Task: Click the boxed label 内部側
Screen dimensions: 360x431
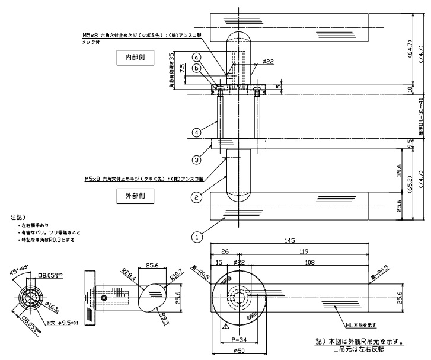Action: tap(131, 58)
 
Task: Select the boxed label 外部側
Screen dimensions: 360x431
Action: tap(131, 194)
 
